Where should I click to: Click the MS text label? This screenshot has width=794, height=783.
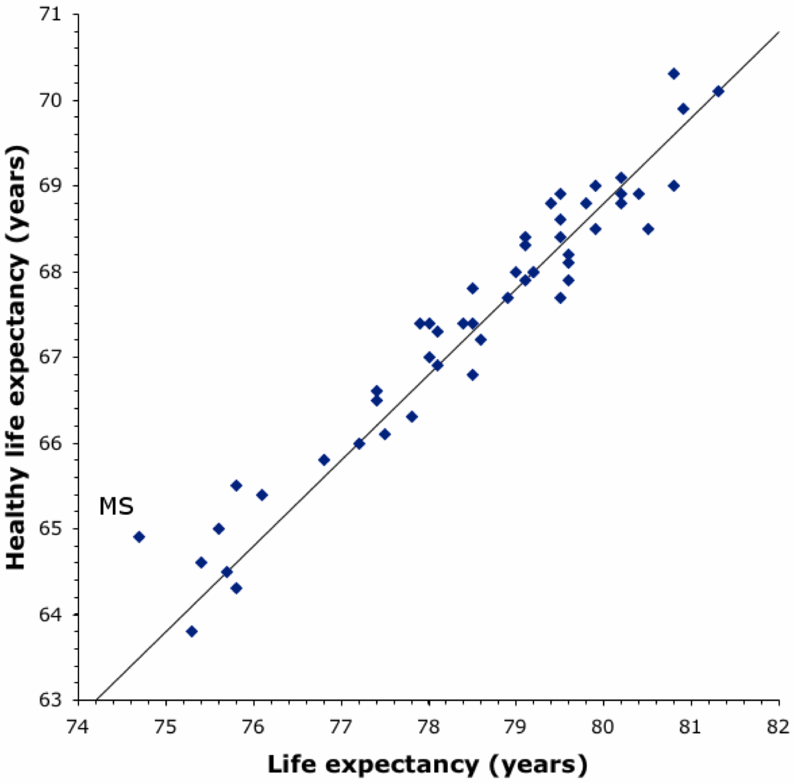[x=117, y=506]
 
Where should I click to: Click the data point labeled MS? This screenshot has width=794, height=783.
[x=139, y=537]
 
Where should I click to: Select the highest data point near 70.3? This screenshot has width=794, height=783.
[x=673, y=73]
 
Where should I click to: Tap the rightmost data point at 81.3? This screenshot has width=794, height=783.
[x=718, y=91]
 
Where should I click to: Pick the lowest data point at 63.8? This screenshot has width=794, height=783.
[x=191, y=631]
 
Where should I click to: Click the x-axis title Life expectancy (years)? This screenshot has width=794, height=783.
[x=428, y=764]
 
